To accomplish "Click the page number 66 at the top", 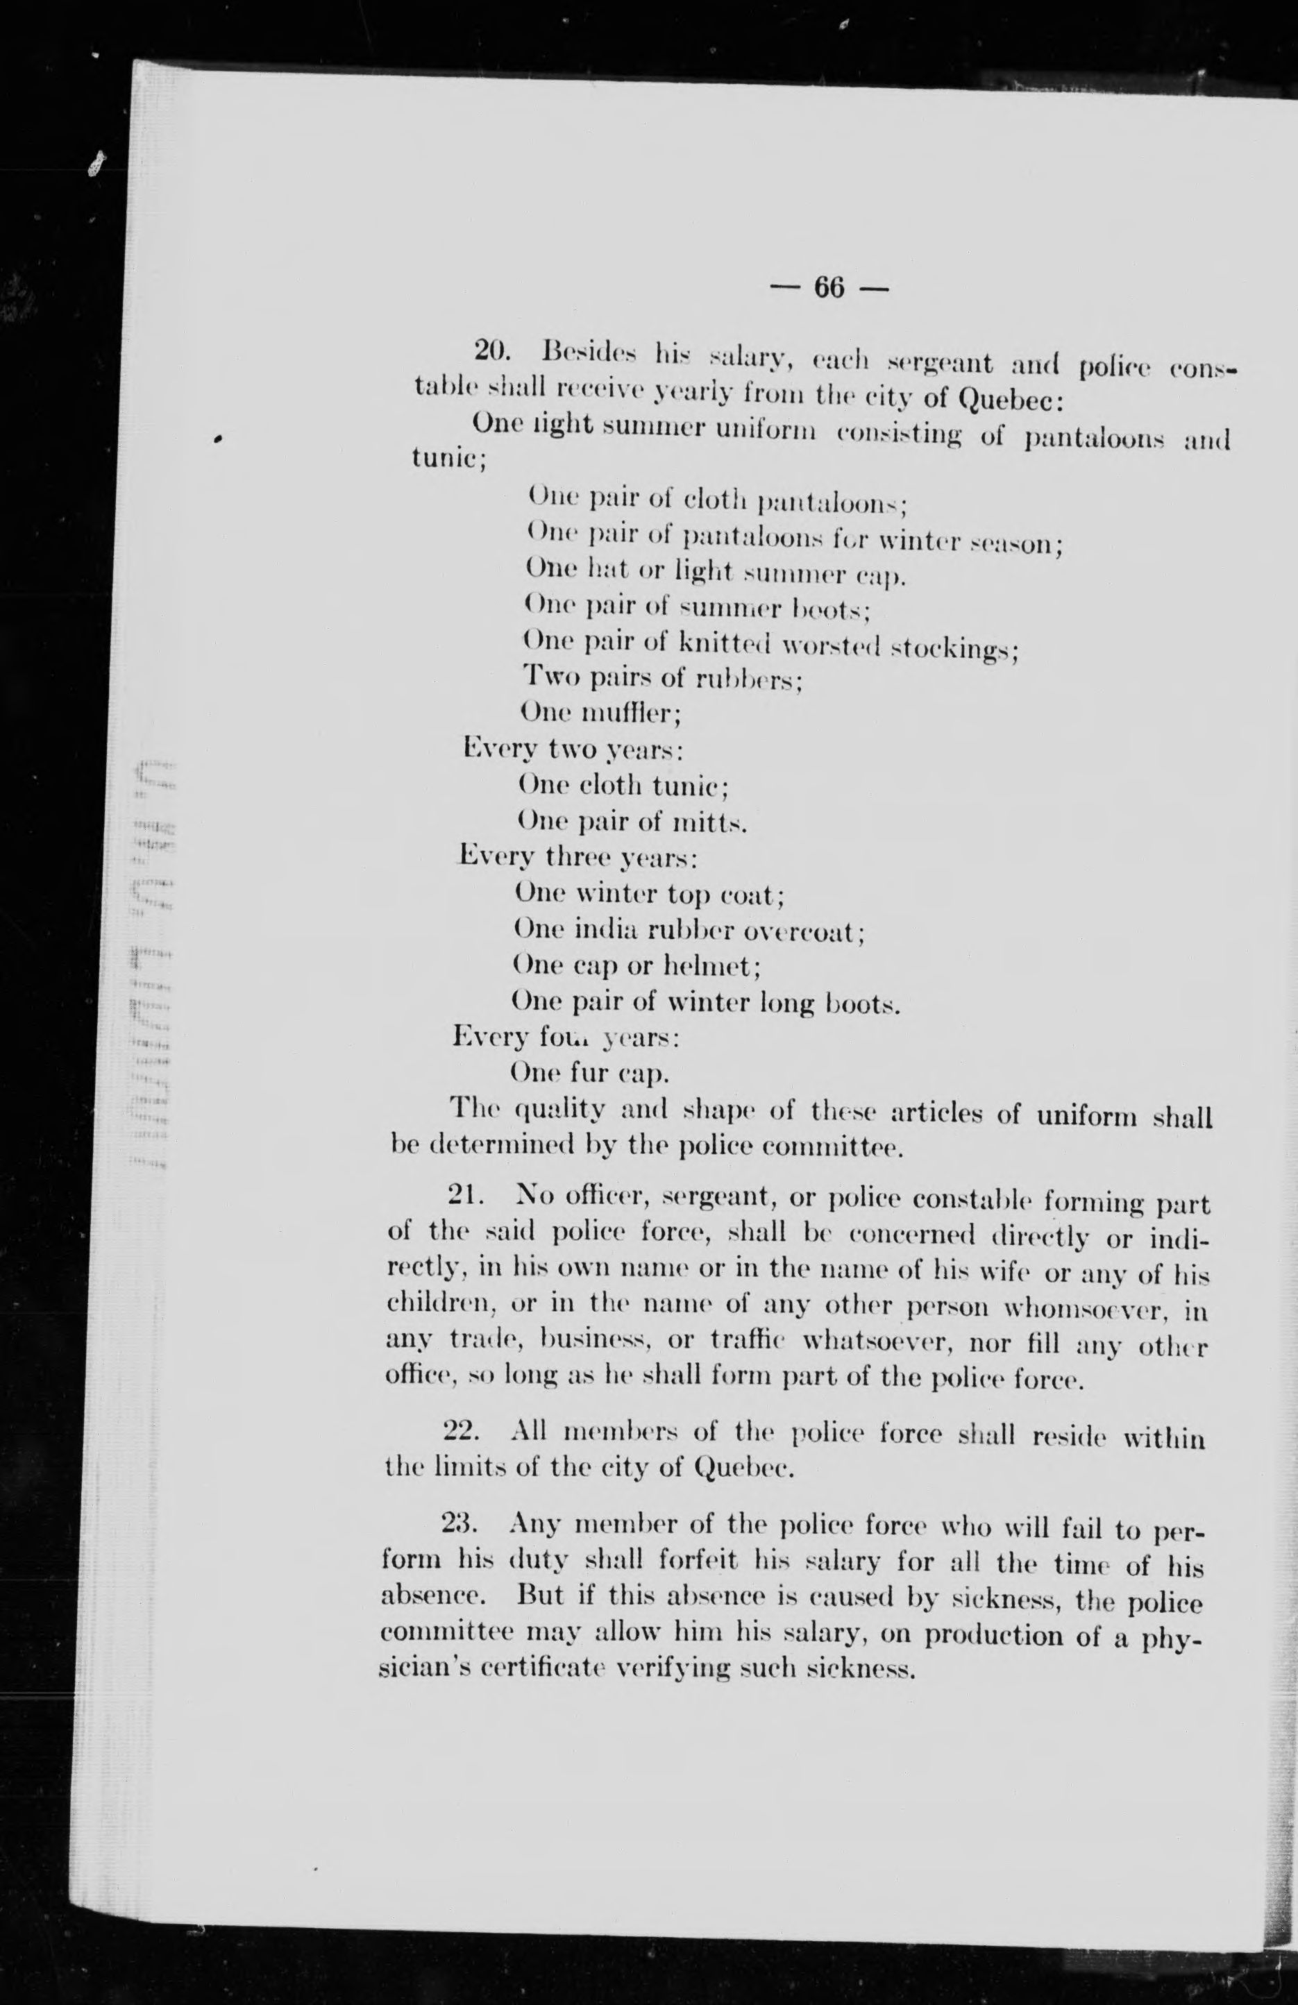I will [x=829, y=289].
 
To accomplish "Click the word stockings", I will [x=955, y=650].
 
